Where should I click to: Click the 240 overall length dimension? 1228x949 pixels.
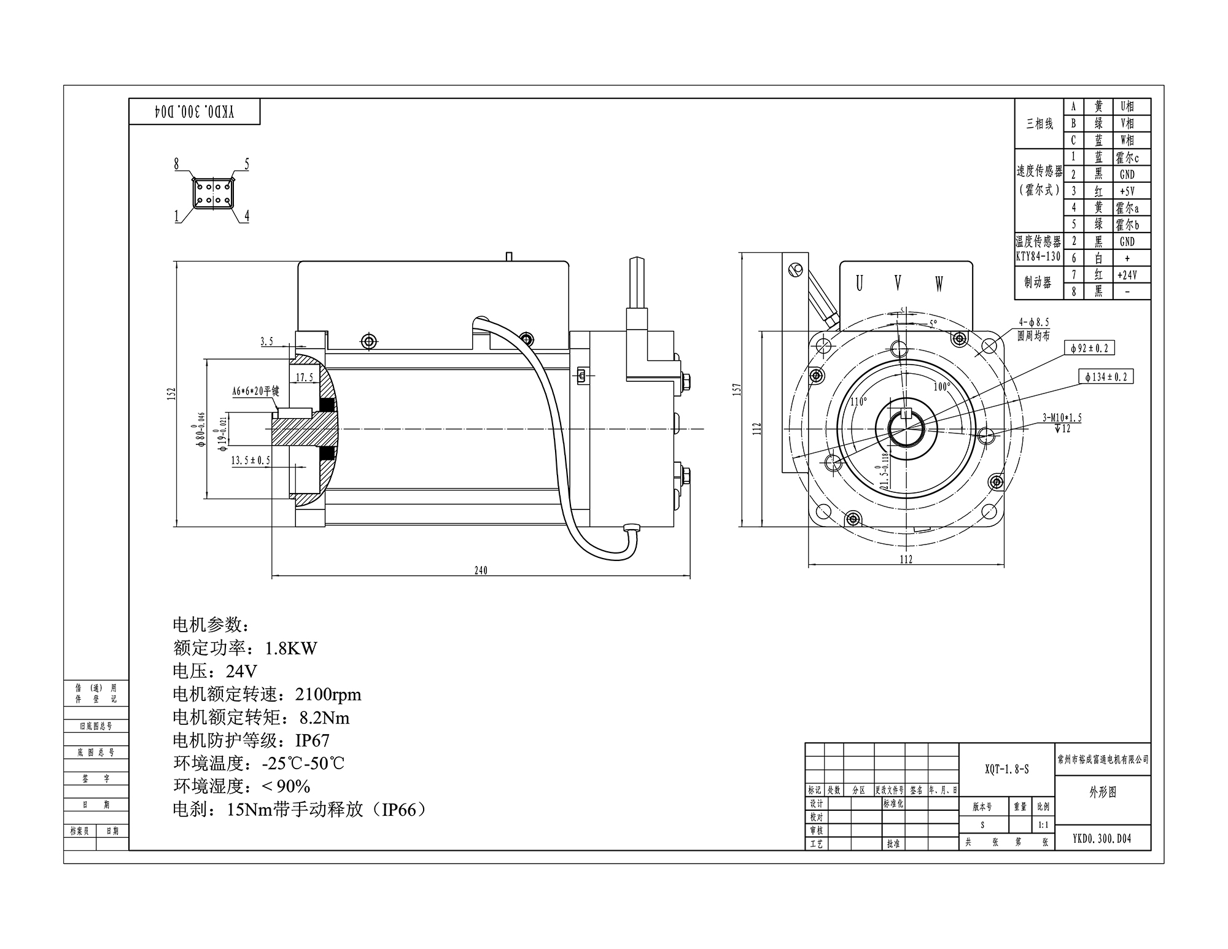click(481, 570)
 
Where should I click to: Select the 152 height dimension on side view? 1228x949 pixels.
click(173, 393)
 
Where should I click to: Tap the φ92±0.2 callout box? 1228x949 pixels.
click(1089, 348)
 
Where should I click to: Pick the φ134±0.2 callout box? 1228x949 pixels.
click(1106, 376)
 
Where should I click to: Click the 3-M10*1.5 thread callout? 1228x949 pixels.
click(1062, 418)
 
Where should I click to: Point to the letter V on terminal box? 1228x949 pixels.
click(898, 283)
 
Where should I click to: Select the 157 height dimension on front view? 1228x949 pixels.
click(737, 389)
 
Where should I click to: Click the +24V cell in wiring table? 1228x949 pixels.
click(1127, 275)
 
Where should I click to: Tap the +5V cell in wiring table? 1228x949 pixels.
click(1127, 191)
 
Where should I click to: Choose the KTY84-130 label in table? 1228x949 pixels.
click(1038, 257)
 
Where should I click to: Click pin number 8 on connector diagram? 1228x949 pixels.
click(177, 164)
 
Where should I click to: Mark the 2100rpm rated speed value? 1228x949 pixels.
click(328, 694)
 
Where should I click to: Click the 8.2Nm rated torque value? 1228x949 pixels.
click(324, 718)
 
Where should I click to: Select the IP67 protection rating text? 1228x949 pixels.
click(312, 740)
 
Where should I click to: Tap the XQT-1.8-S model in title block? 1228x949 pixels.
click(1007, 769)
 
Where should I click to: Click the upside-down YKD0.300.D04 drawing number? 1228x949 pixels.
click(194, 112)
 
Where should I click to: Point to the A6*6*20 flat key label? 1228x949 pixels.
click(255, 391)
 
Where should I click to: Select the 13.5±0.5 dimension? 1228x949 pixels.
click(251, 460)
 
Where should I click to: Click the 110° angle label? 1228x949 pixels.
click(858, 401)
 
